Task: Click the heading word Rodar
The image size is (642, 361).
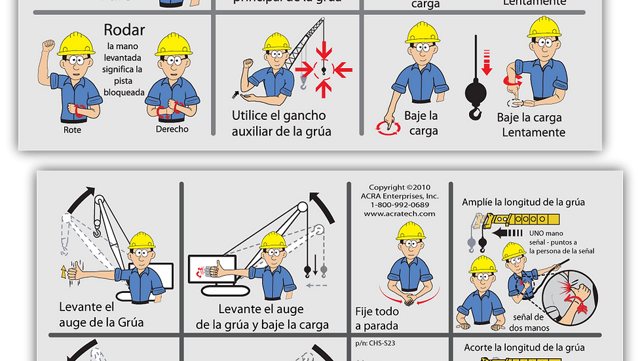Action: pyautogui.click(x=124, y=30)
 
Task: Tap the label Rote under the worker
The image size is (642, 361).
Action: pyautogui.click(x=72, y=129)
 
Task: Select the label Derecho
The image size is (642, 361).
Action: pyautogui.click(x=172, y=129)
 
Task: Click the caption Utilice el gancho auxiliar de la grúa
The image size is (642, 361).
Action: pyautogui.click(x=281, y=123)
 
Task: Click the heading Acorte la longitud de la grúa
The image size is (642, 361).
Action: pyautogui.click(x=524, y=347)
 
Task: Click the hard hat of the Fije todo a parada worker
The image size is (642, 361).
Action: pyautogui.click(x=411, y=231)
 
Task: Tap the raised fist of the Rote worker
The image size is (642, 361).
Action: pyautogui.click(x=48, y=47)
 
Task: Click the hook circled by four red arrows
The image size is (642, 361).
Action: pyautogui.click(x=323, y=68)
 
